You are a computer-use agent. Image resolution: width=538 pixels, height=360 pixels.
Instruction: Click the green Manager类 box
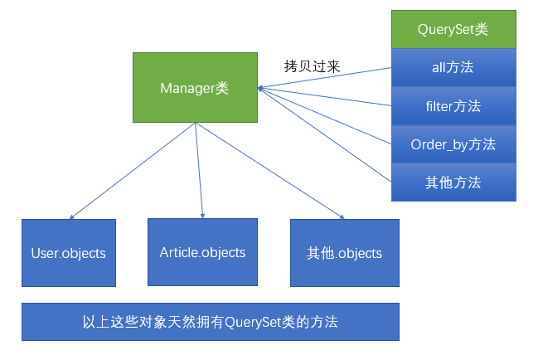tap(195, 87)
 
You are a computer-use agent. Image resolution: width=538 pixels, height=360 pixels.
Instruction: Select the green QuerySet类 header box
tap(453, 29)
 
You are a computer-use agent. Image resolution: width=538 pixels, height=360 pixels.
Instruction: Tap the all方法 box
tap(453, 67)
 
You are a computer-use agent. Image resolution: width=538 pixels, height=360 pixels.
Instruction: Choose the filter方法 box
tap(453, 105)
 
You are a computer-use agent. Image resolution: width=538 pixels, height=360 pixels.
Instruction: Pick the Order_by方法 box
tap(453, 144)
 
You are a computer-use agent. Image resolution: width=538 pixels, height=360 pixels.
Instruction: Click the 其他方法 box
tap(453, 182)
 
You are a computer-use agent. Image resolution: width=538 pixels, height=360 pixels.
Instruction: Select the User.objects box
tap(69, 252)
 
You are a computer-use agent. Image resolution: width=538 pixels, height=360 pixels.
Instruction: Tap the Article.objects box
tap(202, 251)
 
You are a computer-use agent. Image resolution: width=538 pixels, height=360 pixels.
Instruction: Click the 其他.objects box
tap(344, 252)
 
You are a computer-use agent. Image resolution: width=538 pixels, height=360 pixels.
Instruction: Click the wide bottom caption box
tap(210, 322)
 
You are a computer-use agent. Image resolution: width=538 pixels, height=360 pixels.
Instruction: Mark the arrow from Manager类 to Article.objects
tap(199, 170)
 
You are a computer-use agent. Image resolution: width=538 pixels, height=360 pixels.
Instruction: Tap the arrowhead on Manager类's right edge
tap(260, 87)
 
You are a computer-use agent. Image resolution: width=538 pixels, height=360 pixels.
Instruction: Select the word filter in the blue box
tap(440, 106)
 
